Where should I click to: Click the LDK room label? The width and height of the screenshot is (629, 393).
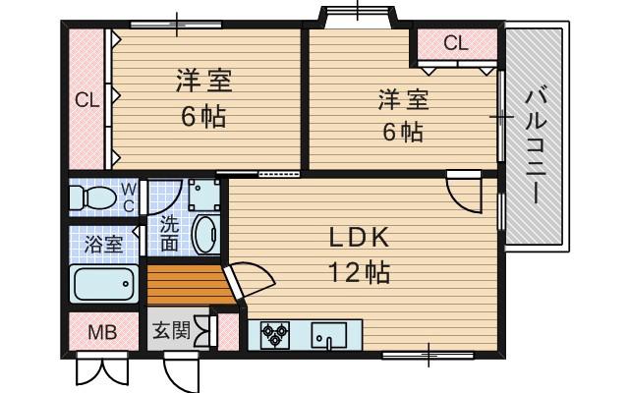pos(361,239)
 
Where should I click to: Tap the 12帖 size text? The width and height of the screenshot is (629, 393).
pos(360,271)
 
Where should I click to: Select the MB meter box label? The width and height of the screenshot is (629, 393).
pos(102,332)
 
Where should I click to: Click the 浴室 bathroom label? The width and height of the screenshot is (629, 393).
pos(103,244)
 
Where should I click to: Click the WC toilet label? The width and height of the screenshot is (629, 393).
pos(129,196)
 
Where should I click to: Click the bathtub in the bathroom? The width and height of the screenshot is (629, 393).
pos(102,285)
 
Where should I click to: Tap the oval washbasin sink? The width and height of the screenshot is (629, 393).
pos(204,236)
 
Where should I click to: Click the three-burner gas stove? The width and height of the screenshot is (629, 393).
pos(275,336)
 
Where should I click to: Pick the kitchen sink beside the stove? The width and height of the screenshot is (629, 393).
pos(330,336)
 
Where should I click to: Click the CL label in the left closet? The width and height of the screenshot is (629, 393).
pos(87,100)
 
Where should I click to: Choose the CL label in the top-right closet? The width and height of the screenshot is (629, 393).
pos(454,43)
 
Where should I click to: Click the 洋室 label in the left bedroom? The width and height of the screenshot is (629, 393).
pos(203,79)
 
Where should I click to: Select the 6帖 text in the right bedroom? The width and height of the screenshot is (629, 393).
pos(403,131)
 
